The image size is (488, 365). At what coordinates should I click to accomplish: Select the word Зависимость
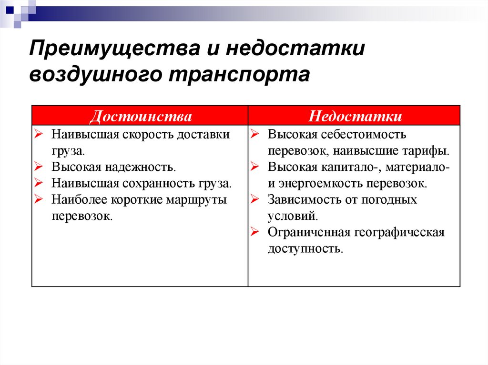[x=302, y=200]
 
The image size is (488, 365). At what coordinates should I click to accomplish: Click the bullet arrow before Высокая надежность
[x=38, y=168]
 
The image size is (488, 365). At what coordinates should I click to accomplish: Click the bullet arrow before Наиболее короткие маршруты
[x=38, y=200]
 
